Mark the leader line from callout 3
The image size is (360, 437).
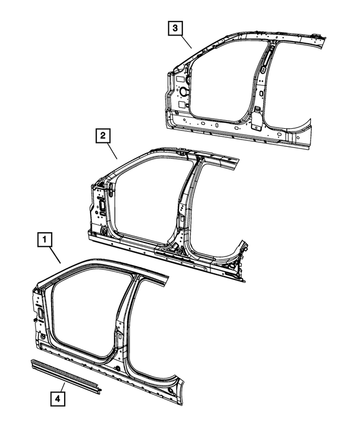coord(185,40)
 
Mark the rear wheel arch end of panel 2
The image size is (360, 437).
coord(242,248)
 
